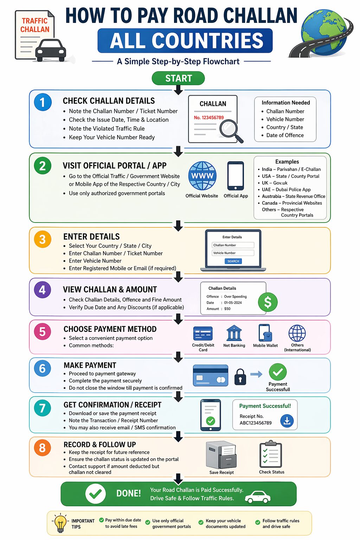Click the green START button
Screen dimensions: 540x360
click(x=178, y=78)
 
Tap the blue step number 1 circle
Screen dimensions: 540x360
click(x=43, y=102)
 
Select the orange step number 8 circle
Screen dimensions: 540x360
click(x=43, y=448)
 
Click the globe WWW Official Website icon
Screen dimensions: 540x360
click(x=202, y=176)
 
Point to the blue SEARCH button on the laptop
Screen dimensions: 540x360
click(x=233, y=261)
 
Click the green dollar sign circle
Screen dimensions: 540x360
click(x=268, y=302)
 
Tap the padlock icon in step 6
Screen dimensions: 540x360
click(x=240, y=377)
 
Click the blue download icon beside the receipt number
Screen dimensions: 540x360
click(x=287, y=420)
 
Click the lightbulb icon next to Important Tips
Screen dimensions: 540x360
click(x=60, y=523)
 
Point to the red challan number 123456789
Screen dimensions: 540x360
click(x=209, y=117)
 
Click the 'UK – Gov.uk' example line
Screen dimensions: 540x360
click(x=275, y=183)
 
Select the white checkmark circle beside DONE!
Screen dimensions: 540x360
click(x=95, y=494)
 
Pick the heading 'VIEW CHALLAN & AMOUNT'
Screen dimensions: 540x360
click(x=110, y=289)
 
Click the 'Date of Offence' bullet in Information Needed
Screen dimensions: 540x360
click(x=285, y=135)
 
